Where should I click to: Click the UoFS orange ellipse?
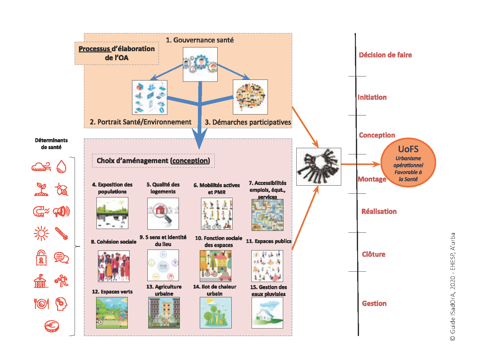(408, 163)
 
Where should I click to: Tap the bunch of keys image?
(318, 167)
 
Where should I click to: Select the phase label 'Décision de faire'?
(385, 55)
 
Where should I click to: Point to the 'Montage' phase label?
(372, 179)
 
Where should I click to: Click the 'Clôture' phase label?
(374, 254)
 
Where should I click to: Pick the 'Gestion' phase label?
(374, 304)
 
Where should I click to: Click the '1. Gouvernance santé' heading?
(200, 40)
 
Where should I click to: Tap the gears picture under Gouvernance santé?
(200, 64)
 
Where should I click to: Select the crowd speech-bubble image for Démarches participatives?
(250, 97)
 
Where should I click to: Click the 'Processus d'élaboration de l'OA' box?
(116, 53)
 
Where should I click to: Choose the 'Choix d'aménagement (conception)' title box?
(153, 161)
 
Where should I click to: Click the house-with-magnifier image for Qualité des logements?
(163, 214)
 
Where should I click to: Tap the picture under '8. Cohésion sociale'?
(114, 266)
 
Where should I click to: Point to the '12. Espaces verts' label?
(112, 292)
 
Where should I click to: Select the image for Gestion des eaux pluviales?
(267, 313)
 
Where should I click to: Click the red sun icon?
(41, 233)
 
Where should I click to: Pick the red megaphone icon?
(61, 212)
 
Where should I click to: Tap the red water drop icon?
(61, 167)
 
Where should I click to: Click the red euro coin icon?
(52, 326)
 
